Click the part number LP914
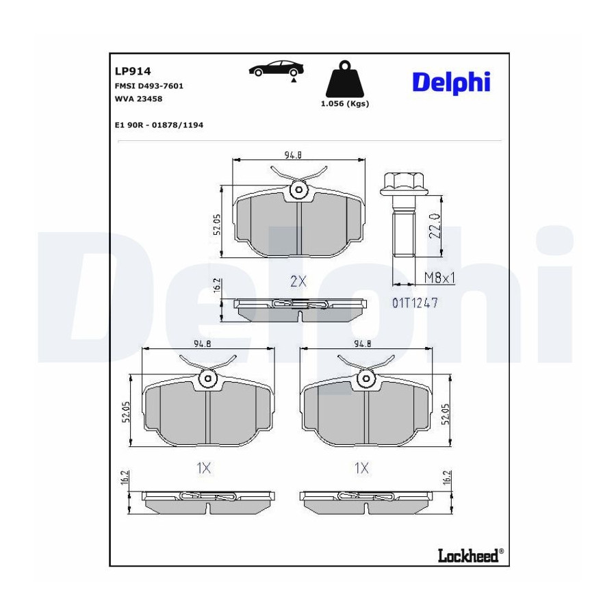pos(133,71)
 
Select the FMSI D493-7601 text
pos(149,86)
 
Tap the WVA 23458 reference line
pos(138,99)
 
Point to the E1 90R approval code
pos(159,125)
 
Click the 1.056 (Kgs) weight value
pos(345,104)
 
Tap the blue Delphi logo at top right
pos(452,83)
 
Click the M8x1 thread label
pos(439,278)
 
